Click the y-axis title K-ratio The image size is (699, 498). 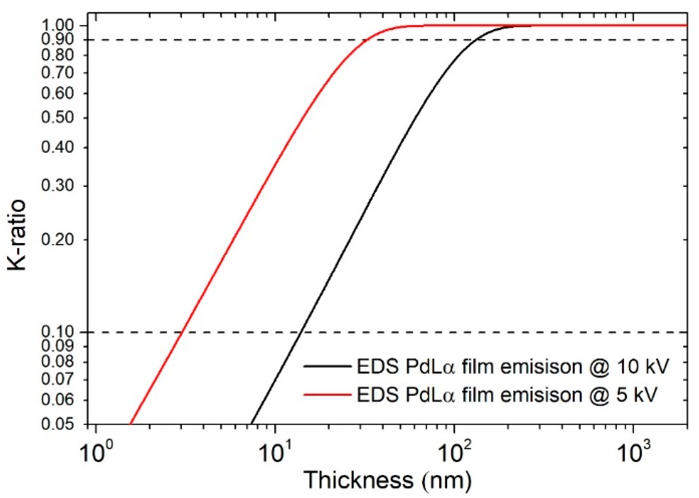click(x=17, y=235)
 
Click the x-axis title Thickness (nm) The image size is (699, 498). click(x=387, y=480)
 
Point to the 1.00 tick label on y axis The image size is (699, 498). click(x=58, y=25)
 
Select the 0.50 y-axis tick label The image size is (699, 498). click(x=58, y=118)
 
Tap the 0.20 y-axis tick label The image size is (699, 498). click(x=58, y=240)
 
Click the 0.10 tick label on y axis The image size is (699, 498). click(x=58, y=332)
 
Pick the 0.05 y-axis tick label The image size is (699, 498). click(x=58, y=424)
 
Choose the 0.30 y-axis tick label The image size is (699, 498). click(x=58, y=185)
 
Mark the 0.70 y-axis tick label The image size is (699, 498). click(x=58, y=73)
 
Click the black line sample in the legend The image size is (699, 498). click(x=327, y=366)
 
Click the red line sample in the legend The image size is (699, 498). click(x=327, y=395)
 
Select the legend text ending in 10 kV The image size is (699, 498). click(x=512, y=366)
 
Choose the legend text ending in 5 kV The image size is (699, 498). click(x=507, y=395)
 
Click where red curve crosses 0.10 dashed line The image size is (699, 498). click(x=181, y=332)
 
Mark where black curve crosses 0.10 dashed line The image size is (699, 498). click(x=301, y=332)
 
